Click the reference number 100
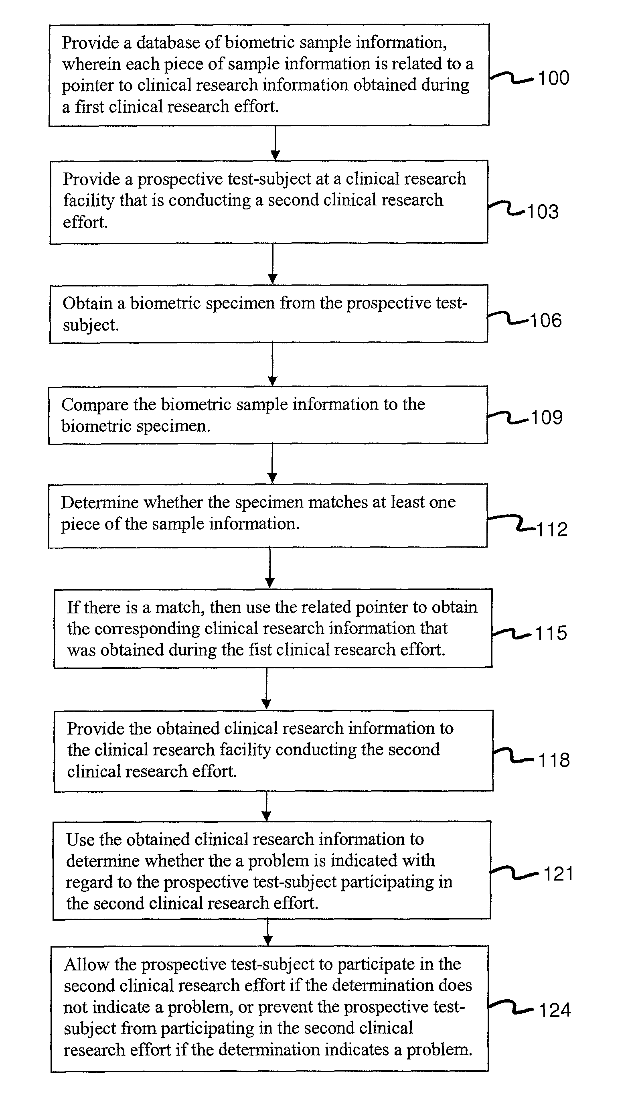(553, 78)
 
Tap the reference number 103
(543, 211)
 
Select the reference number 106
(546, 321)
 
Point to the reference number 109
(547, 417)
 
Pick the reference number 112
(552, 529)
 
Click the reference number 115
(551, 633)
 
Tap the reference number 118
(554, 760)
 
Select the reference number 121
(559, 874)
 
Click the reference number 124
(555, 1010)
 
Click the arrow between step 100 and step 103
(275, 143)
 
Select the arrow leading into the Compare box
(273, 364)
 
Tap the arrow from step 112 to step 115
(270, 568)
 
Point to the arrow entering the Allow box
(268, 932)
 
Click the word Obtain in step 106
(87, 303)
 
